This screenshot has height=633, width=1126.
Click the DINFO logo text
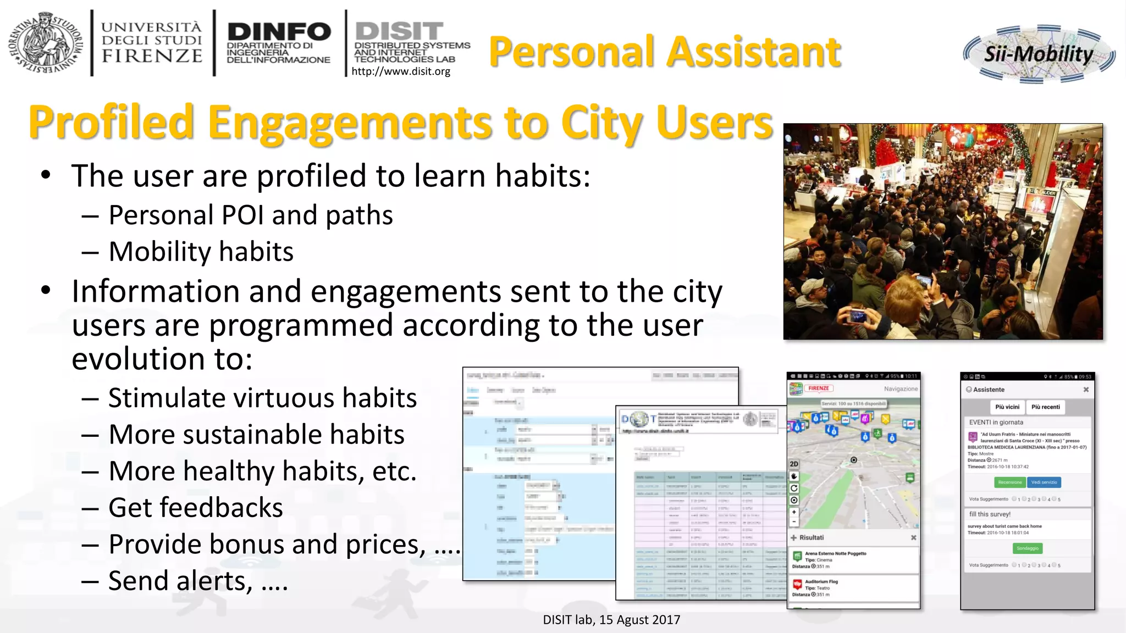[x=279, y=32]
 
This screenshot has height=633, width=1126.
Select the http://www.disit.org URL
[x=401, y=71]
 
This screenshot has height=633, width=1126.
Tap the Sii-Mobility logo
[x=1039, y=54]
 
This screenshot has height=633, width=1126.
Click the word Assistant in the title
[x=755, y=52]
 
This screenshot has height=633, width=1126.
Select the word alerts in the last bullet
[x=212, y=581]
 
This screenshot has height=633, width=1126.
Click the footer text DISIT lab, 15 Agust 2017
[x=611, y=620]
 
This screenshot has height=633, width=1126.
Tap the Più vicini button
[x=1007, y=407]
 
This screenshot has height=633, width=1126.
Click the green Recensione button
[x=1009, y=482]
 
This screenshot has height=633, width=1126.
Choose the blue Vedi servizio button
[x=1044, y=482]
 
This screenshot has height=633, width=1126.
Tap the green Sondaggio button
[x=1027, y=548]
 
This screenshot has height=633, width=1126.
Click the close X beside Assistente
[x=1086, y=390]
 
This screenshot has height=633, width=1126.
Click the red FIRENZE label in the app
[x=819, y=388]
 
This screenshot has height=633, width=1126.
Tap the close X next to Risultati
[x=913, y=538]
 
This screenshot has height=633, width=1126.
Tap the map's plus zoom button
[x=794, y=512]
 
